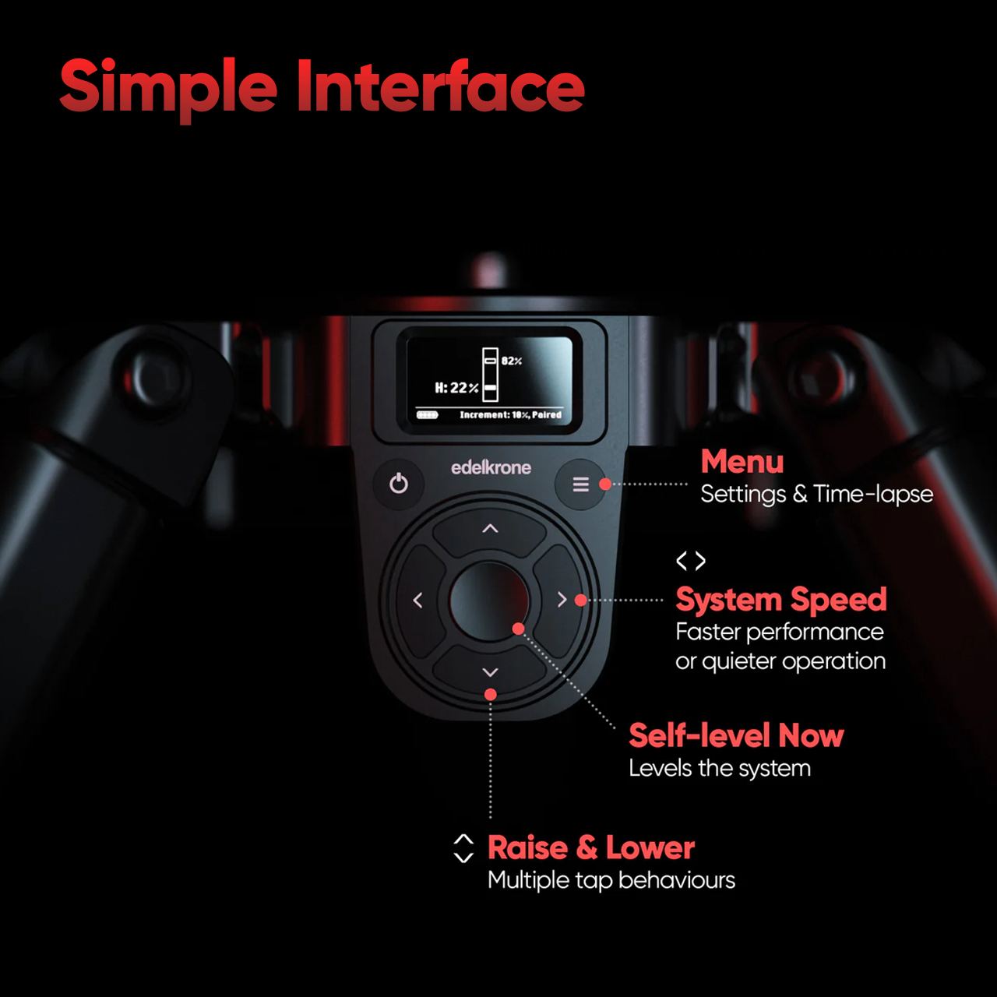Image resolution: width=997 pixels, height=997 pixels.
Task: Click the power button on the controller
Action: click(399, 484)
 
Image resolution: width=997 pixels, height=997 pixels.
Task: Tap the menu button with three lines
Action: click(580, 484)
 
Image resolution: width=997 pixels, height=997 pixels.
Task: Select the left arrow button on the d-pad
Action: click(418, 601)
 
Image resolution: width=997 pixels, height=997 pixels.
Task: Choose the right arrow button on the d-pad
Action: click(561, 600)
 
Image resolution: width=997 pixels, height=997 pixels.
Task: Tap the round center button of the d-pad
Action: click(489, 601)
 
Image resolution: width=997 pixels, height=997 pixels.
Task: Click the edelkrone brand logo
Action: click(491, 467)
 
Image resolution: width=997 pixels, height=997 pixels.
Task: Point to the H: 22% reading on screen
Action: click(456, 388)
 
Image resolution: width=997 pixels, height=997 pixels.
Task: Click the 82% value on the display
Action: click(512, 361)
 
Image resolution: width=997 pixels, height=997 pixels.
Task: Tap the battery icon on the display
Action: click(428, 415)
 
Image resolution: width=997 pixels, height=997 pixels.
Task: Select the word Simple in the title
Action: click(168, 87)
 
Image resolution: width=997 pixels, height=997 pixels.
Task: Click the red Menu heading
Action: click(742, 462)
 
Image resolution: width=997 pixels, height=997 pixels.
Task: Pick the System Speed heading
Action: click(781, 599)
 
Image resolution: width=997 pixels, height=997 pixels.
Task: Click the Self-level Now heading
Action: click(736, 735)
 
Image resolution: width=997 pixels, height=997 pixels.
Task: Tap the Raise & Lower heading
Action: click(590, 847)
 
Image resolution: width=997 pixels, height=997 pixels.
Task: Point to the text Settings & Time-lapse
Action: click(816, 494)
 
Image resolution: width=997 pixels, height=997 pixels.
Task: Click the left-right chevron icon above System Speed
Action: click(691, 561)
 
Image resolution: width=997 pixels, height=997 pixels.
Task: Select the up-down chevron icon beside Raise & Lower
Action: click(463, 848)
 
